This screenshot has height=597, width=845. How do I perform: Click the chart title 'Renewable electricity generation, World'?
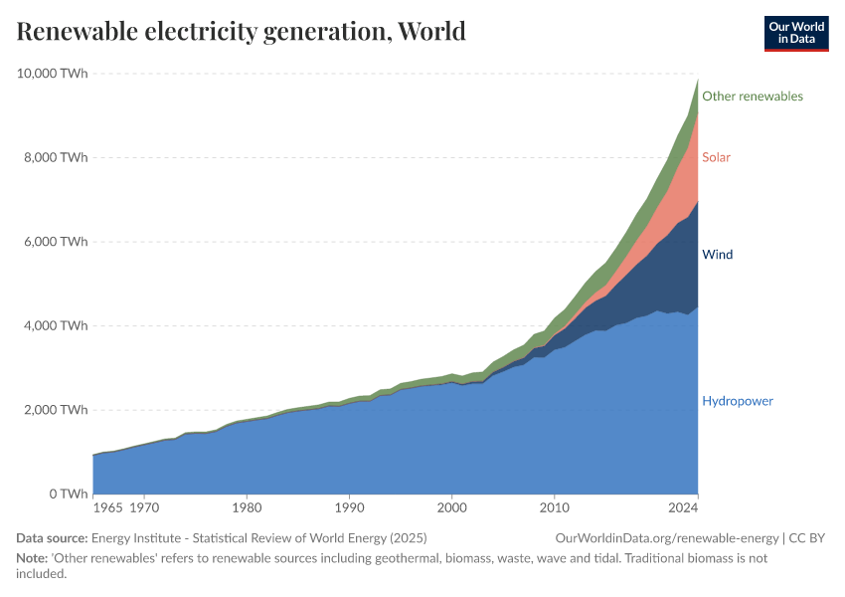(241, 32)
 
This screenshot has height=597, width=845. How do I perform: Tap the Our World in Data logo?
(795, 33)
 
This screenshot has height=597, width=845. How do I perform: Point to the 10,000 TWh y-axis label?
(52, 74)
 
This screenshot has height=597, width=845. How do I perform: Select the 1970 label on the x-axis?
(144, 507)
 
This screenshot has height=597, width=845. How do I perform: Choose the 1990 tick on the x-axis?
(349, 507)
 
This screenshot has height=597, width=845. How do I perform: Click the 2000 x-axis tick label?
(451, 507)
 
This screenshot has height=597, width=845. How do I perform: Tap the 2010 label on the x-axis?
(554, 507)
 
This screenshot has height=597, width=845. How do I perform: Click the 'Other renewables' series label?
(752, 97)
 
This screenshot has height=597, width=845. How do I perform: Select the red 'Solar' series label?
(716, 157)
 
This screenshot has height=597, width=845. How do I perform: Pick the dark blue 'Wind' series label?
(717, 255)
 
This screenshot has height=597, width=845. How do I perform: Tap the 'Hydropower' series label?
(737, 401)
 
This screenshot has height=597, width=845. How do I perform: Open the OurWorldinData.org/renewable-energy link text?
(667, 538)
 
